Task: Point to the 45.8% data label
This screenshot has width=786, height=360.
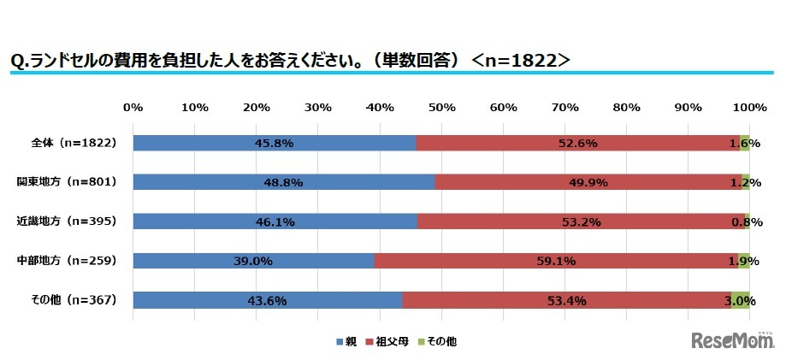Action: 274,143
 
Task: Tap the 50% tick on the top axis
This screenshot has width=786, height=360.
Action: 441,107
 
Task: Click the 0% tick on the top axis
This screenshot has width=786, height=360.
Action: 133,107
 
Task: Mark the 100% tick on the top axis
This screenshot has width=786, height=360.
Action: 750,107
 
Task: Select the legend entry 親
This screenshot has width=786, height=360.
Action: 346,341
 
